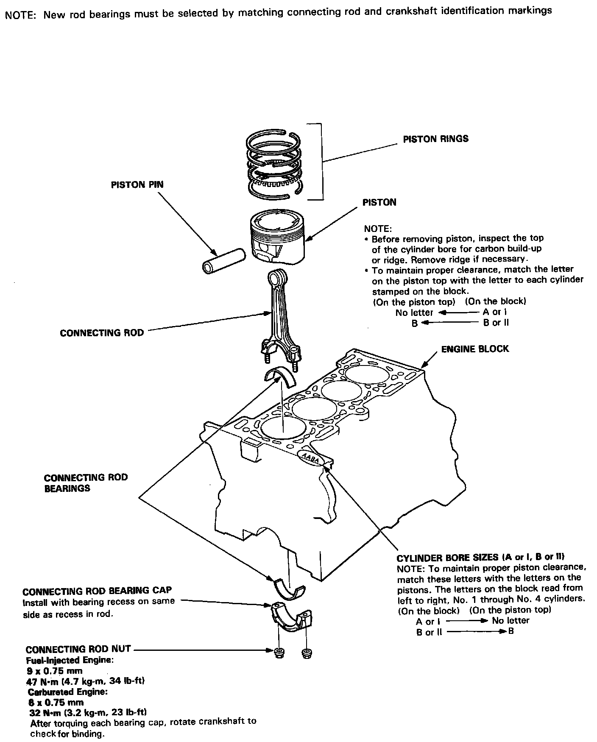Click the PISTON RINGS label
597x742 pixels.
click(435, 139)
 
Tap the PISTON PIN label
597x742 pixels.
click(137, 184)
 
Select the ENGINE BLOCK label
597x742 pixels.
click(475, 349)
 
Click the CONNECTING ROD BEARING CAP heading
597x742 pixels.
click(97, 591)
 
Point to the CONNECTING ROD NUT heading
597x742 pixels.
click(78, 649)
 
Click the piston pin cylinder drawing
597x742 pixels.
click(223, 259)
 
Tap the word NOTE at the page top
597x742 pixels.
click(21, 15)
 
